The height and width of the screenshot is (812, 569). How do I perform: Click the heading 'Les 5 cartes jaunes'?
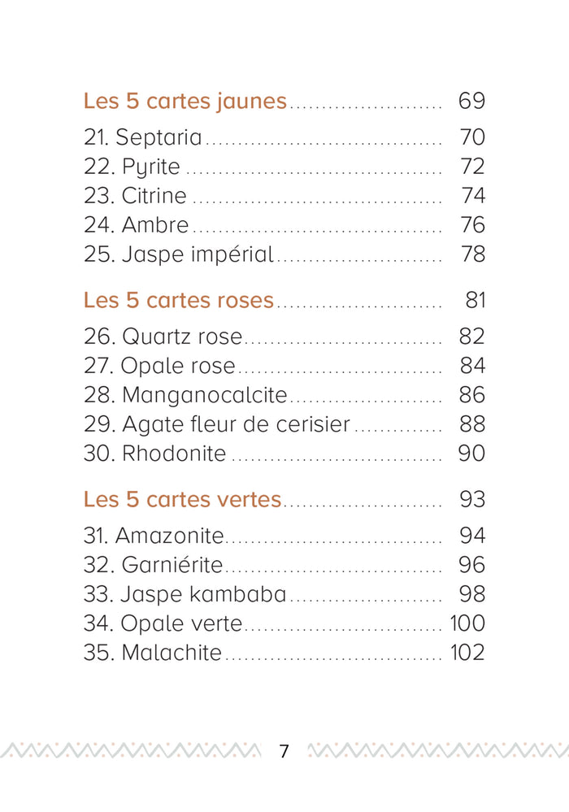(185, 102)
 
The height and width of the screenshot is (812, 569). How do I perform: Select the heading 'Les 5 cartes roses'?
(179, 301)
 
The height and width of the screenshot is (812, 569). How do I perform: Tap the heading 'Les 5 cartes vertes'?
(182, 500)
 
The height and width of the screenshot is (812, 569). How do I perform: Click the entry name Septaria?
(159, 137)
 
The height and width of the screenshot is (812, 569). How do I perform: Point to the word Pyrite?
(150, 167)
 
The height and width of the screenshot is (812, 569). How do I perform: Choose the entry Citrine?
(154, 196)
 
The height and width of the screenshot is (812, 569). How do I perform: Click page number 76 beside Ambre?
(473, 225)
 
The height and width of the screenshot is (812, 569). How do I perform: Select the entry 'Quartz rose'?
(182, 337)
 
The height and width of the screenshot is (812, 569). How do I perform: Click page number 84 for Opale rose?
(472, 366)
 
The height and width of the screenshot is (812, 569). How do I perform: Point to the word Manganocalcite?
(205, 396)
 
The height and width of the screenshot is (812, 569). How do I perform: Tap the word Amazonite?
(169, 536)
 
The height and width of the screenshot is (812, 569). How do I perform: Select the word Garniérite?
(172, 565)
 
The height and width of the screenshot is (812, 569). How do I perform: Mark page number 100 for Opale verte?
(467, 623)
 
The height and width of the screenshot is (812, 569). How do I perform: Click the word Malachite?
(172, 653)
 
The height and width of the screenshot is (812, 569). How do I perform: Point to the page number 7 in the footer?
(284, 751)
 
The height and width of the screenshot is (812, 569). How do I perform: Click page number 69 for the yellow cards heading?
(471, 101)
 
